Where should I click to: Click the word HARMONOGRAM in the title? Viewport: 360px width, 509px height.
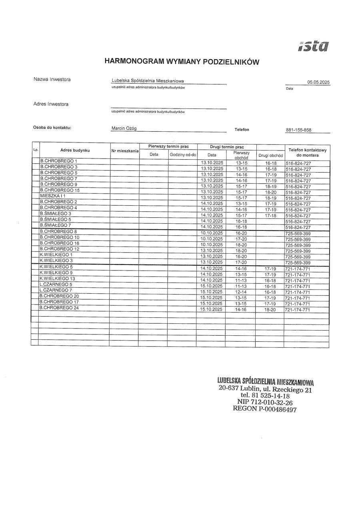(x=129, y=61)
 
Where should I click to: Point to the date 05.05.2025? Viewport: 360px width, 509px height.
(x=318, y=82)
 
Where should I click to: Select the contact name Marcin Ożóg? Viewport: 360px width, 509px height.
(x=124, y=129)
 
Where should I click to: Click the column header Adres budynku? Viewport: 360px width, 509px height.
(x=75, y=150)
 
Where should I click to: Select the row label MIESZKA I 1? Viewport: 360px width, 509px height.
(x=53, y=196)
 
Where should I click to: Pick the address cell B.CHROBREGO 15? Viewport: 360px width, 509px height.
(x=60, y=190)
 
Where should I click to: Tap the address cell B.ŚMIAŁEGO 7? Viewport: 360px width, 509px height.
(x=56, y=225)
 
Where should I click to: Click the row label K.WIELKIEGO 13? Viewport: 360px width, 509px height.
(x=57, y=279)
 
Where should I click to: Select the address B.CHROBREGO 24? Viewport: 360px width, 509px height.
(x=59, y=308)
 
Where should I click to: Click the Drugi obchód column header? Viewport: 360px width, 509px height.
(x=270, y=155)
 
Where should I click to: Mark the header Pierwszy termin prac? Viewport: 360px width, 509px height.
(x=168, y=146)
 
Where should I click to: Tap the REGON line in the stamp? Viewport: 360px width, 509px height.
(x=264, y=409)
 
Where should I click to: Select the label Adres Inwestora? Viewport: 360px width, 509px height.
(x=51, y=104)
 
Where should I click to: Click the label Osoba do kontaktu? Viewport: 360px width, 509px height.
(x=52, y=128)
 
